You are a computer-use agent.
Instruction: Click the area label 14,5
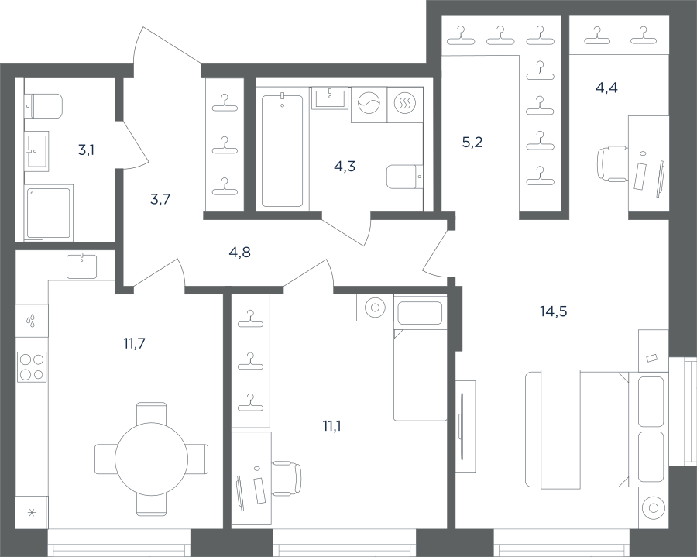(x=554, y=311)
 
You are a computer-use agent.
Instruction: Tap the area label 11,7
(x=134, y=343)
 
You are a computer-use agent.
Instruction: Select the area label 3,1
(x=86, y=150)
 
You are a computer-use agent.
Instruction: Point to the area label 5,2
(x=472, y=143)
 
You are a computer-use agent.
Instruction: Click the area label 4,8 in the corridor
(x=239, y=253)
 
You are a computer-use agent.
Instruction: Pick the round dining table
(x=152, y=459)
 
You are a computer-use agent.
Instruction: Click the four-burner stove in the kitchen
(x=32, y=366)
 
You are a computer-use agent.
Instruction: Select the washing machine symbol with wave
(x=369, y=104)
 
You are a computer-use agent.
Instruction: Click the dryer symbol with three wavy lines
(x=405, y=104)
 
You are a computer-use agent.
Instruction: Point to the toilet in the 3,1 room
(x=43, y=106)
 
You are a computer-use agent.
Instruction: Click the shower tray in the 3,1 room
(x=49, y=213)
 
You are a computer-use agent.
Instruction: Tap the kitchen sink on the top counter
(x=82, y=266)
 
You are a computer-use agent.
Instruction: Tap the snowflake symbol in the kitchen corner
(x=32, y=513)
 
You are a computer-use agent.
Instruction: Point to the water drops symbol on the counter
(x=31, y=321)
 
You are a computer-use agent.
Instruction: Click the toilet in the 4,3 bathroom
(x=404, y=177)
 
